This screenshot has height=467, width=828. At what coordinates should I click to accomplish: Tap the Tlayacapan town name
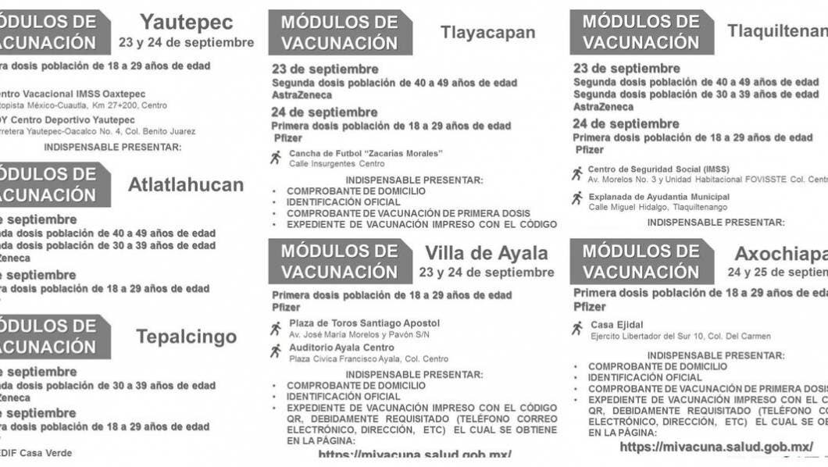[x=487, y=32]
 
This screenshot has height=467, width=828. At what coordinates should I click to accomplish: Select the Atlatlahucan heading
[x=186, y=185]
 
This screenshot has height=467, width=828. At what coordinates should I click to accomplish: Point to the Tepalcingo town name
[x=186, y=337]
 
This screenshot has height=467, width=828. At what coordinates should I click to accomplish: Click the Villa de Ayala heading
[x=487, y=253]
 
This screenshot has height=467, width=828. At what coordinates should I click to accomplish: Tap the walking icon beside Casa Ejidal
[x=577, y=328]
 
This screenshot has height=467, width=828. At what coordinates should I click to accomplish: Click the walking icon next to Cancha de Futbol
[x=276, y=158]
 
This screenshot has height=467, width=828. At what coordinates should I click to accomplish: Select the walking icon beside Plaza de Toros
[x=276, y=328]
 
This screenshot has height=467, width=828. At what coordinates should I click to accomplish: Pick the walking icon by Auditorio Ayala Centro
[x=276, y=351]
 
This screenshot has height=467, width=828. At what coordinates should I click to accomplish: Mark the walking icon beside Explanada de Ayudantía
[x=577, y=199]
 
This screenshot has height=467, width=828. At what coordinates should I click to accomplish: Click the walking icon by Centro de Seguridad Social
[x=577, y=173]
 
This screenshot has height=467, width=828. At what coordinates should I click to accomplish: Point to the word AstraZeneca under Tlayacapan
[x=302, y=95]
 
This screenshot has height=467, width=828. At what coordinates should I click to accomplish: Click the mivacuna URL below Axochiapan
[x=716, y=447]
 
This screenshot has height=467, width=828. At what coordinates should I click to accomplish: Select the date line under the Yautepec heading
[x=187, y=42]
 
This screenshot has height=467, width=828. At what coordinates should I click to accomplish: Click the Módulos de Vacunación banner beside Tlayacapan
[x=340, y=32]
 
